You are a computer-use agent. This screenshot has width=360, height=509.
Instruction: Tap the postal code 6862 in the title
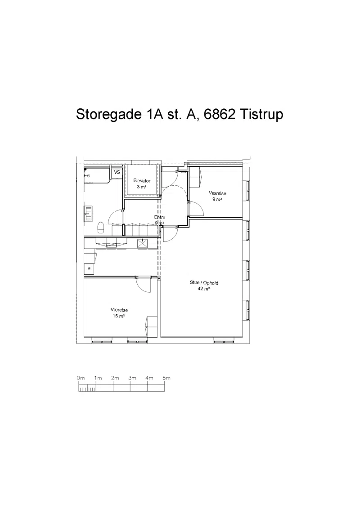(219, 114)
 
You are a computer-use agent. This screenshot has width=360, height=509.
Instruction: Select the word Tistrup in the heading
(261, 114)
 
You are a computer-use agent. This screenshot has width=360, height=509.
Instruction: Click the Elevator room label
(142, 181)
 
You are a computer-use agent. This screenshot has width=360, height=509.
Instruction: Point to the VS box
(117, 172)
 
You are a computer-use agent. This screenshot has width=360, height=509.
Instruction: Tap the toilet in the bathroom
(101, 227)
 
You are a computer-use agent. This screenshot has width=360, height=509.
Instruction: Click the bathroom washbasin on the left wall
(88, 211)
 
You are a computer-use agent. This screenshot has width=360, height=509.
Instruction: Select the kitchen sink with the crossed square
(143, 244)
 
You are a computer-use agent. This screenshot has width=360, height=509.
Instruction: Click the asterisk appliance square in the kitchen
(89, 268)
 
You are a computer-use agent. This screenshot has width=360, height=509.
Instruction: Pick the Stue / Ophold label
(204, 283)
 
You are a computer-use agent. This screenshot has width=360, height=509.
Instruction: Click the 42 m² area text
(204, 289)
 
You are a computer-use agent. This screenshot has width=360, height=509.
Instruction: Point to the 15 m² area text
(119, 316)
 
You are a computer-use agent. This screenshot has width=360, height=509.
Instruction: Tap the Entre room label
(160, 217)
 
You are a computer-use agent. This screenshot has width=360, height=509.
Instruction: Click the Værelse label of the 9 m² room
(217, 193)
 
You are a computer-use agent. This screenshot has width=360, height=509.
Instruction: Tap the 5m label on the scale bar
(166, 378)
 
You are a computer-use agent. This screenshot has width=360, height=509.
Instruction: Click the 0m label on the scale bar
(81, 378)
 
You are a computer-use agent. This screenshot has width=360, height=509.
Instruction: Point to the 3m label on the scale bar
(132, 378)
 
